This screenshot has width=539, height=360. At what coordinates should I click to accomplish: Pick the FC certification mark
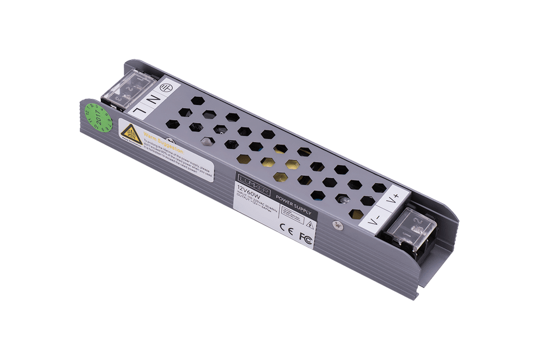[305, 237]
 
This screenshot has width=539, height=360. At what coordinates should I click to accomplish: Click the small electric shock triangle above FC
[309, 223]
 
